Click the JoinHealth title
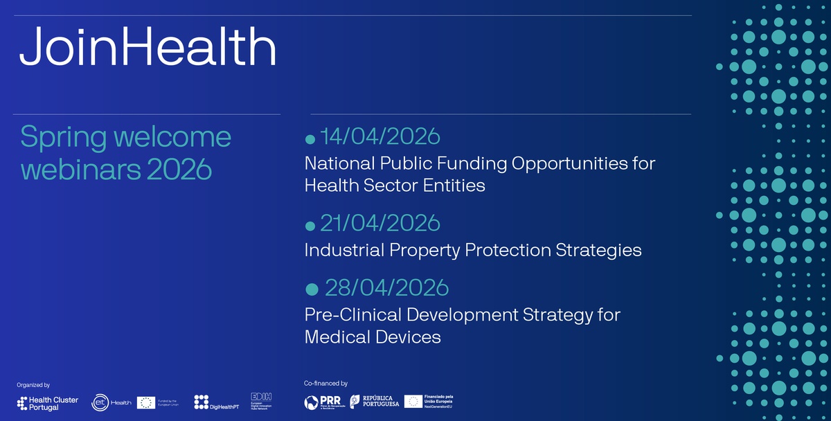point(148,48)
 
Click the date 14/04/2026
point(379,136)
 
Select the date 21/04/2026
point(379,223)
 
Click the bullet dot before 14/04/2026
point(310,140)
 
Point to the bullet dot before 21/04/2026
point(310,226)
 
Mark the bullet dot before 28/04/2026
point(312,289)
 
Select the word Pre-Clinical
point(352,314)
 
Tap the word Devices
point(409,337)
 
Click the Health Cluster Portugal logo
point(48,403)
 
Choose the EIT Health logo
point(111,403)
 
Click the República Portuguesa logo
point(374,402)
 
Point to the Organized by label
point(33,385)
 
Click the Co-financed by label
point(325,383)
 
